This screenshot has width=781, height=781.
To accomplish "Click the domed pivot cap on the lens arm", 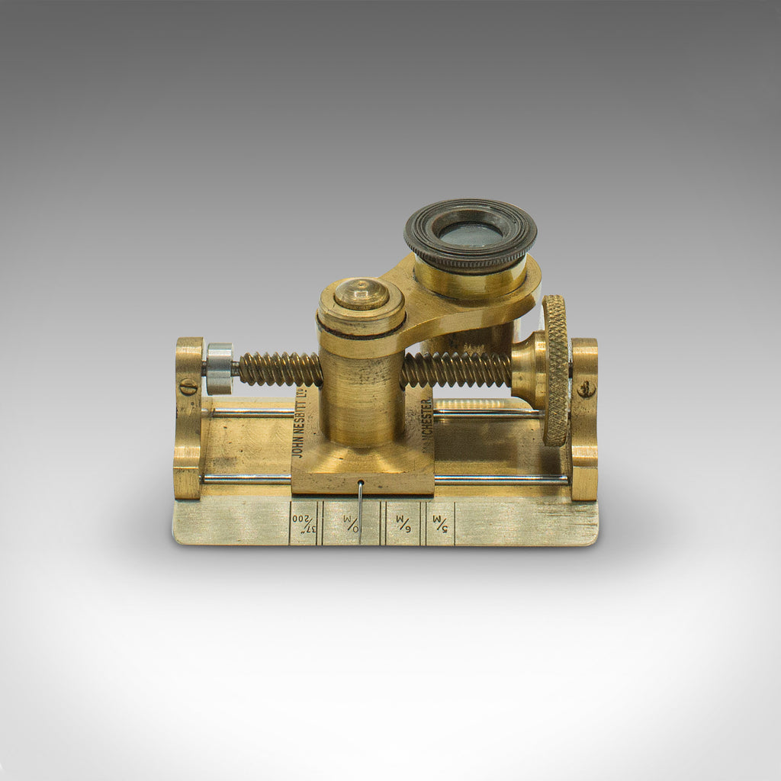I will pyautogui.click(x=361, y=294).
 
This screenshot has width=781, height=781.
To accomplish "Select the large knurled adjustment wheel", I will pyautogui.click(x=556, y=369).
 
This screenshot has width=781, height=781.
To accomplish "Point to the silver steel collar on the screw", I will pyautogui.click(x=219, y=368).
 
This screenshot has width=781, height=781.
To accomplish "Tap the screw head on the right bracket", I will pyautogui.click(x=585, y=389).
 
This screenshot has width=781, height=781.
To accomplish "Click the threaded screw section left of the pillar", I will pyautogui.click(x=280, y=369).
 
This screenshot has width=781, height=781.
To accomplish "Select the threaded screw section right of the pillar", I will pyautogui.click(x=455, y=370).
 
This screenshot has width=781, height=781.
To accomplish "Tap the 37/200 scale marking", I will pyautogui.click(x=304, y=522).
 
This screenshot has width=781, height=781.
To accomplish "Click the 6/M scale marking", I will pyautogui.click(x=402, y=522).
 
